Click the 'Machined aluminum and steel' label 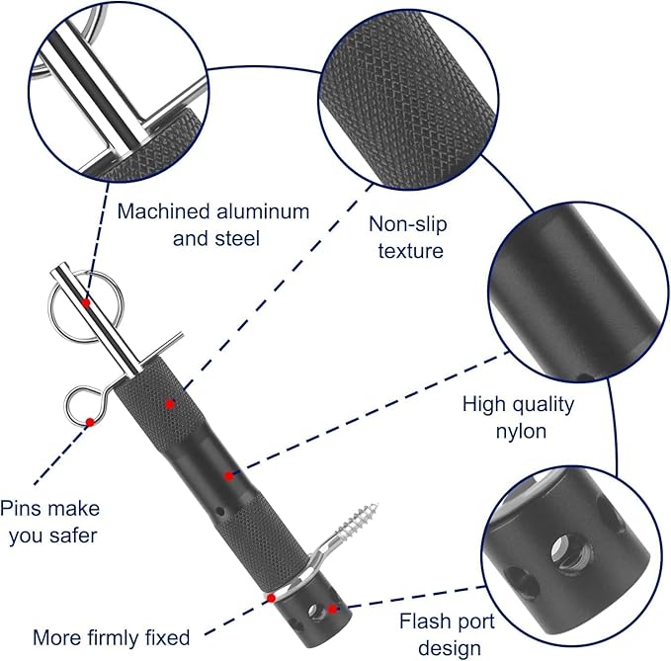(x=213, y=224)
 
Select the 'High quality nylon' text (x=518, y=417)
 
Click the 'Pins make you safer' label (x=49, y=521)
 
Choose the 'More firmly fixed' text (x=111, y=637)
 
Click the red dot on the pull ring (x=87, y=303)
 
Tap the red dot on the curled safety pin (x=90, y=422)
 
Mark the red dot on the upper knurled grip (x=170, y=403)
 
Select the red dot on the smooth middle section (x=228, y=475)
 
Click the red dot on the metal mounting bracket (x=270, y=597)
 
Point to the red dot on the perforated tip (x=333, y=609)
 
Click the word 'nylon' (x=518, y=431)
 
